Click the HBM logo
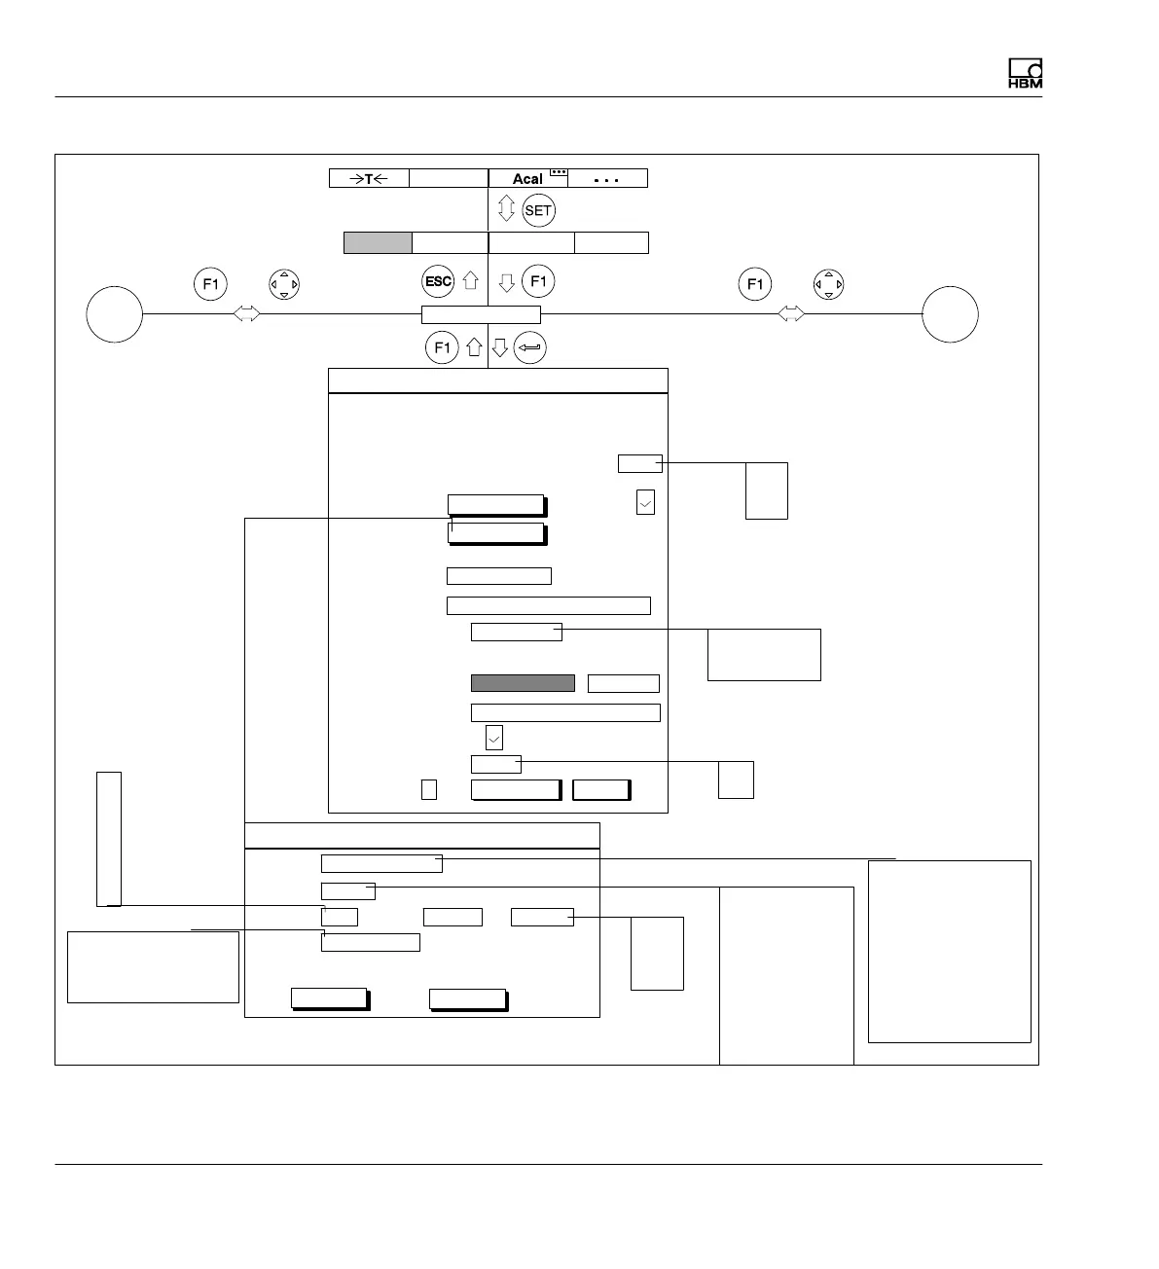1025,74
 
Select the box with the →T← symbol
369,178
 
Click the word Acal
527,179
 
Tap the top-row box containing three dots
607,179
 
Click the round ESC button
438,282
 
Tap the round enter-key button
530,347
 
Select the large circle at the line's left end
115,314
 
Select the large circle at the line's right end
950,314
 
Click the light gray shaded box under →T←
378,243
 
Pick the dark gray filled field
523,683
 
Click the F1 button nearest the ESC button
538,282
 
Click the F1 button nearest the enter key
442,347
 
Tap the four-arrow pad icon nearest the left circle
283,284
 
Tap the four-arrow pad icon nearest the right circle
828,284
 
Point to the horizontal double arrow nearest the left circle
247,314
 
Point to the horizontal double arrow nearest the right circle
792,314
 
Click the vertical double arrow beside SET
506,209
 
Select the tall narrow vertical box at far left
109,838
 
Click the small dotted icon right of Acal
559,172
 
